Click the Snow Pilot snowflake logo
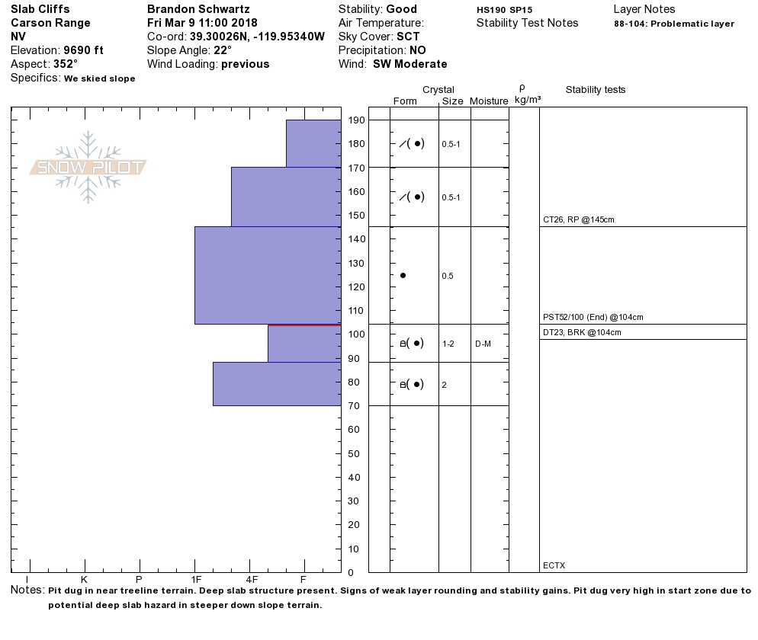(88, 167)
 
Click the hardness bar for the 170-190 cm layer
(313, 143)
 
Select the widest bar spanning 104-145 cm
(268, 275)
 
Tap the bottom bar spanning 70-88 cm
(277, 383)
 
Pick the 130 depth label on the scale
(356, 264)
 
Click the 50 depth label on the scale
(356, 454)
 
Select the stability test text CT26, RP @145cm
(579, 219)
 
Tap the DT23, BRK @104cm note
(582, 332)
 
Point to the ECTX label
(554, 565)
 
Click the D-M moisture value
(483, 344)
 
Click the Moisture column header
(489, 101)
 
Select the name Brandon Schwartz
(198, 9)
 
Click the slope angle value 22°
(222, 50)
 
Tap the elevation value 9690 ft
(83, 50)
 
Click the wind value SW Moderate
(410, 64)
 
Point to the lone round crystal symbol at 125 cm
(403, 275)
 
